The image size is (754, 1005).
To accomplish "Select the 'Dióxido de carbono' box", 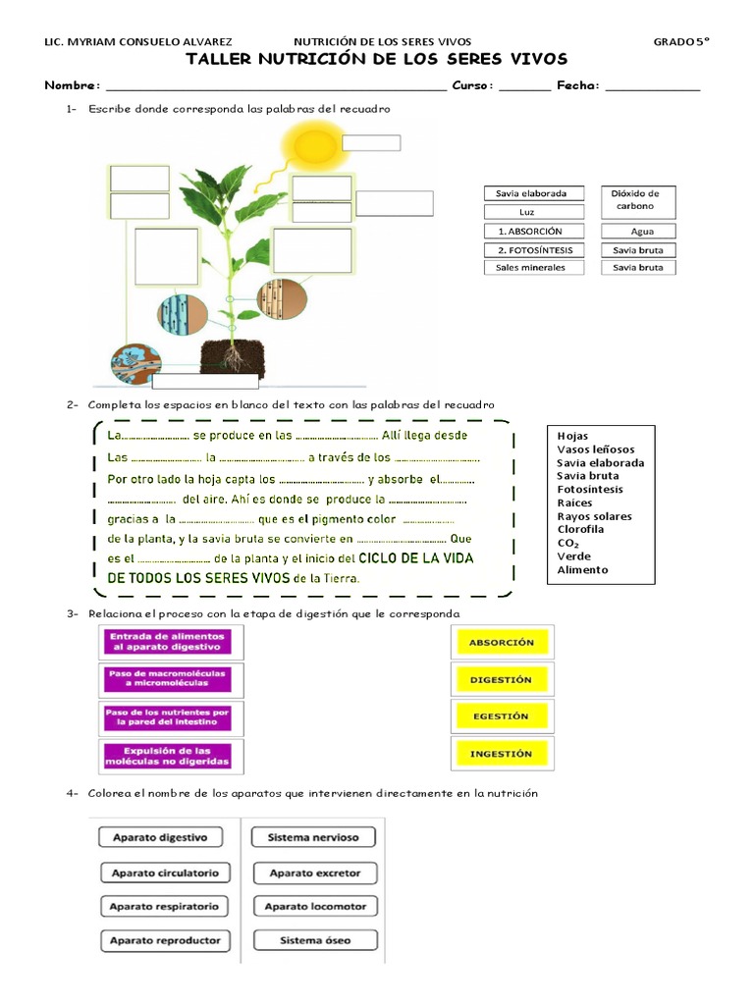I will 635,199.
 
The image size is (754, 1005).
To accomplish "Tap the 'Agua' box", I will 638,232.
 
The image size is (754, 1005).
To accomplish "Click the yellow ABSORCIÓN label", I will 502,642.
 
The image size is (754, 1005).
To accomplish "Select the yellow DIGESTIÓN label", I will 501,679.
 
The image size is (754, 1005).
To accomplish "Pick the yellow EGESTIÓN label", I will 501,716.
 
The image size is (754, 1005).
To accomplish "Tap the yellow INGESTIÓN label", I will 501,754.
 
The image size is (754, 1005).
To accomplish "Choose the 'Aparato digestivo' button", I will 160,838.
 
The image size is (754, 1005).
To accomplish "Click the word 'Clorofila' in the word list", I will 580,529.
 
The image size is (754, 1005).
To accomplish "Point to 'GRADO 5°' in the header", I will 681,42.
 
